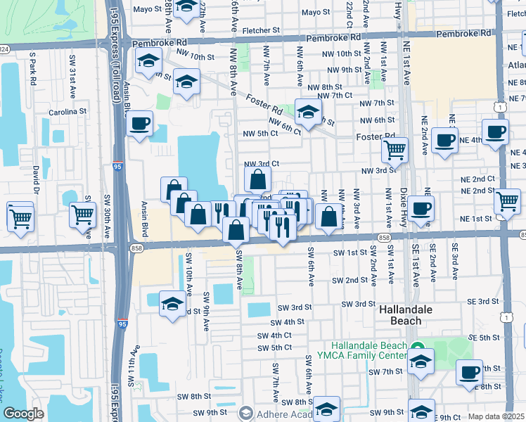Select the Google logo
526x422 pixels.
click(23, 414)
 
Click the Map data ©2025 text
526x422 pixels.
click(496, 416)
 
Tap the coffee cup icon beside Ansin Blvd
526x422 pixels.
click(140, 124)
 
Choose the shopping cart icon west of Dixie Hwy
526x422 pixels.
click(394, 149)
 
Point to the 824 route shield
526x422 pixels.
click(4, 49)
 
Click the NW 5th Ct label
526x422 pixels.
click(260, 134)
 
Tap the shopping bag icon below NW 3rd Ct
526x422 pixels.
click(257, 179)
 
